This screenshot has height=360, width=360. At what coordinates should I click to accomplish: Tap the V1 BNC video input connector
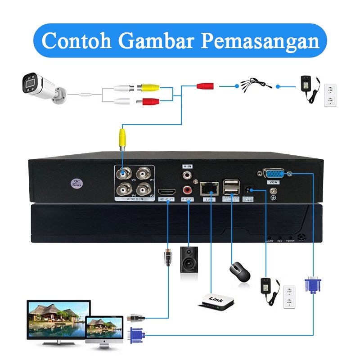point(144,173)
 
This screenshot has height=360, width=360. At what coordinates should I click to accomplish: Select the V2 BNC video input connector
point(144,189)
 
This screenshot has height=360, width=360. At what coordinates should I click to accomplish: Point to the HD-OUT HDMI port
point(166,191)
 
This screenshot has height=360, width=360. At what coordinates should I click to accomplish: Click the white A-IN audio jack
point(187,173)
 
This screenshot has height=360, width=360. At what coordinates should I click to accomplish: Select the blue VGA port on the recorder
point(273,174)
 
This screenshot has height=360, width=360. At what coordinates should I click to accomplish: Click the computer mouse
point(239,271)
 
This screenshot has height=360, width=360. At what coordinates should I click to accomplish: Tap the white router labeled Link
point(216,301)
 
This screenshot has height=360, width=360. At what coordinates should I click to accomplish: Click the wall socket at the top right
point(331,94)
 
